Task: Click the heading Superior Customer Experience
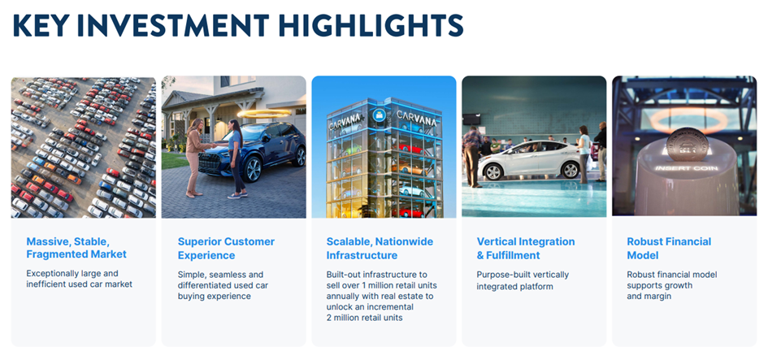226,248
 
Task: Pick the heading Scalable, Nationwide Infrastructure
380,248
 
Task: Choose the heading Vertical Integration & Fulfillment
526,248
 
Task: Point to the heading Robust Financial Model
669,248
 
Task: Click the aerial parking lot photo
84,147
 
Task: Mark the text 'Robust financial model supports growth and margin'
671,285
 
